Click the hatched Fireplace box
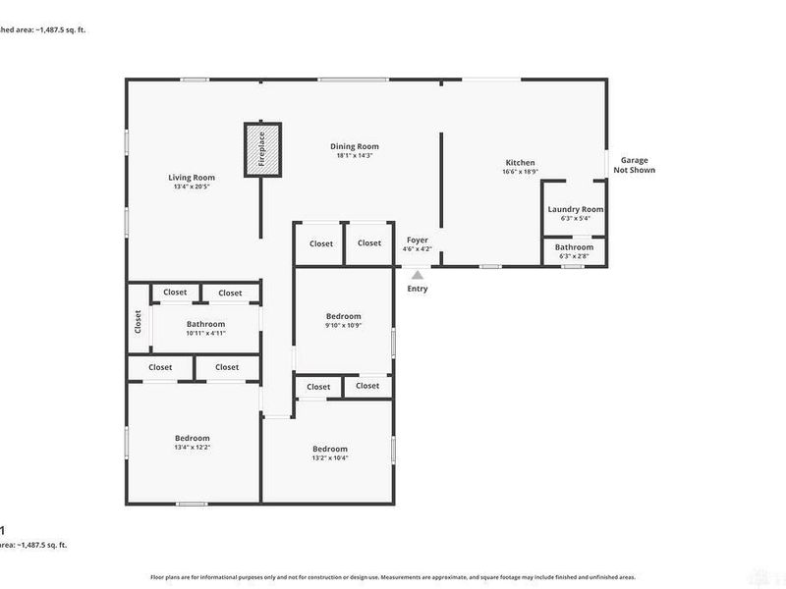(x=262, y=149)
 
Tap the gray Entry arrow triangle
(x=418, y=276)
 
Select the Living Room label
(x=192, y=178)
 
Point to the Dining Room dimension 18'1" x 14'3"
(x=355, y=155)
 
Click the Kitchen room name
(x=520, y=163)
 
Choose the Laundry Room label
(x=576, y=209)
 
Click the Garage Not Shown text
(x=634, y=165)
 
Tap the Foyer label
(x=417, y=240)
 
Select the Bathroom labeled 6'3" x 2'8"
(x=574, y=247)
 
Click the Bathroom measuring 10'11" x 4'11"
(x=205, y=324)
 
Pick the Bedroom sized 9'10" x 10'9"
(x=344, y=316)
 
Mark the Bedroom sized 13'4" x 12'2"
(x=193, y=438)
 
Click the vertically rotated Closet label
(x=138, y=322)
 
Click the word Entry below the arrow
(x=418, y=289)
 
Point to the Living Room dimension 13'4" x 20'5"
(x=192, y=187)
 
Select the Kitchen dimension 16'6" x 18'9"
(x=520, y=172)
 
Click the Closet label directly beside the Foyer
(x=369, y=243)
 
